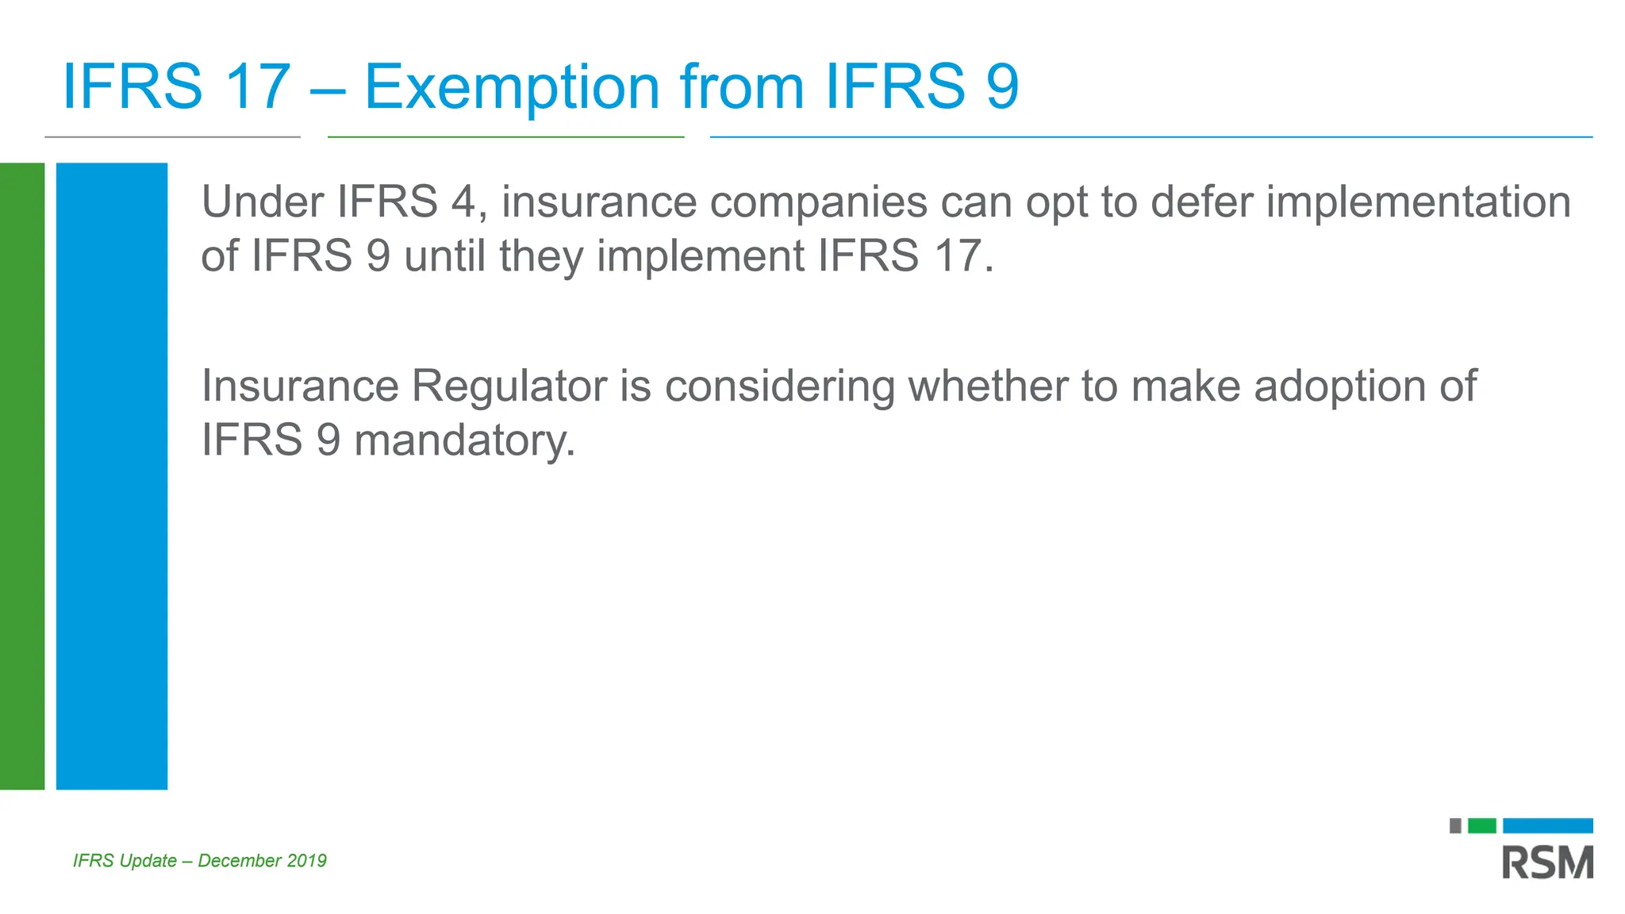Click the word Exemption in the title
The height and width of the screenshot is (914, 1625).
[512, 87]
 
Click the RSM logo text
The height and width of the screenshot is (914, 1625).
[1547, 862]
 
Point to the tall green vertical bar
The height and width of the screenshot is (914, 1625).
[21, 476]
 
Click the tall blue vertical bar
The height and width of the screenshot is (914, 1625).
[112, 476]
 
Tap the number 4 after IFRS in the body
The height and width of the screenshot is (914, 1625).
[463, 202]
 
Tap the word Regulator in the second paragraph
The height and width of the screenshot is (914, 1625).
[509, 387]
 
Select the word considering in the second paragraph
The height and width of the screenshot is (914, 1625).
[779, 387]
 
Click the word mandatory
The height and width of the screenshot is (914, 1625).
[464, 441]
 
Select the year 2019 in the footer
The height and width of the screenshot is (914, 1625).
[307, 861]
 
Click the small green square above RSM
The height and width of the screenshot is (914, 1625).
[1481, 826]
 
